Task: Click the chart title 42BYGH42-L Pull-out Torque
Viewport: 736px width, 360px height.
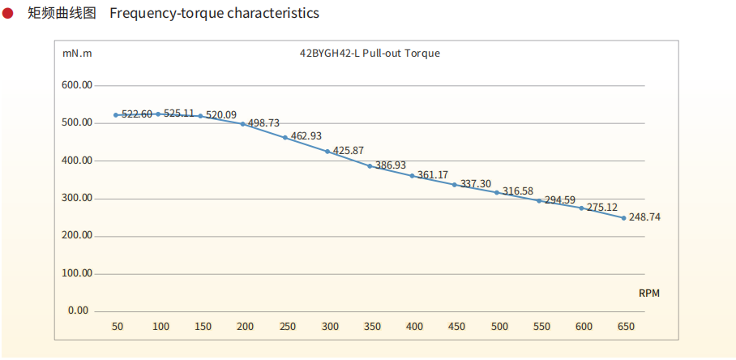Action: click(x=370, y=54)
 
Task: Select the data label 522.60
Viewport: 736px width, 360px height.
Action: click(x=137, y=114)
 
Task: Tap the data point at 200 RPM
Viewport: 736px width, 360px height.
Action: click(x=242, y=124)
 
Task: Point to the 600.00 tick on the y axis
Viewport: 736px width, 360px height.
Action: click(x=78, y=85)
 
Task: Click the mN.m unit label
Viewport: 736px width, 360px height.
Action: click(x=77, y=54)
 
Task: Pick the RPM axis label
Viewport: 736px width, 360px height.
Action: click(x=649, y=294)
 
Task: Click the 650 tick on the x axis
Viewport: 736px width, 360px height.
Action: click(x=625, y=327)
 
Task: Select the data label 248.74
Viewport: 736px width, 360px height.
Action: click(x=644, y=217)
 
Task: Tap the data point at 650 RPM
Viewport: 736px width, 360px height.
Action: click(x=623, y=217)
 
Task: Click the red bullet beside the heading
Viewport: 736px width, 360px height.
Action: click(x=7, y=13)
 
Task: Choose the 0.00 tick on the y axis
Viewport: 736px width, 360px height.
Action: click(x=78, y=311)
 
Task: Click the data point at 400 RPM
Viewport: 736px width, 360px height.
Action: click(x=412, y=176)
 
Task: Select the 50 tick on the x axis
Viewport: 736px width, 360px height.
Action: click(x=118, y=327)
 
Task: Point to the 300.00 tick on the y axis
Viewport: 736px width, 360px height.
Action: click(x=78, y=198)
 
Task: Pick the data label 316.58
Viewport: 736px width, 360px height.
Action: click(x=518, y=191)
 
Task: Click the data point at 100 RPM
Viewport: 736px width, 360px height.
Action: click(x=158, y=114)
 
